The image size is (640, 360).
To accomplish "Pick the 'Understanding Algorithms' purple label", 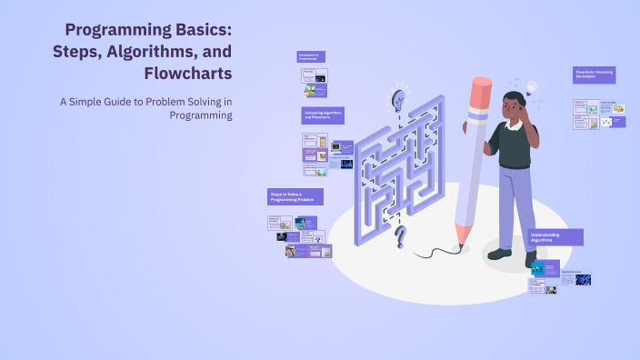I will click(555, 236).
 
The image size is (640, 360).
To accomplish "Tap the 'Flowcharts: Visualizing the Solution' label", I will click(595, 75).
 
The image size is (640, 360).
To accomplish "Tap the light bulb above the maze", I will click(398, 97).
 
